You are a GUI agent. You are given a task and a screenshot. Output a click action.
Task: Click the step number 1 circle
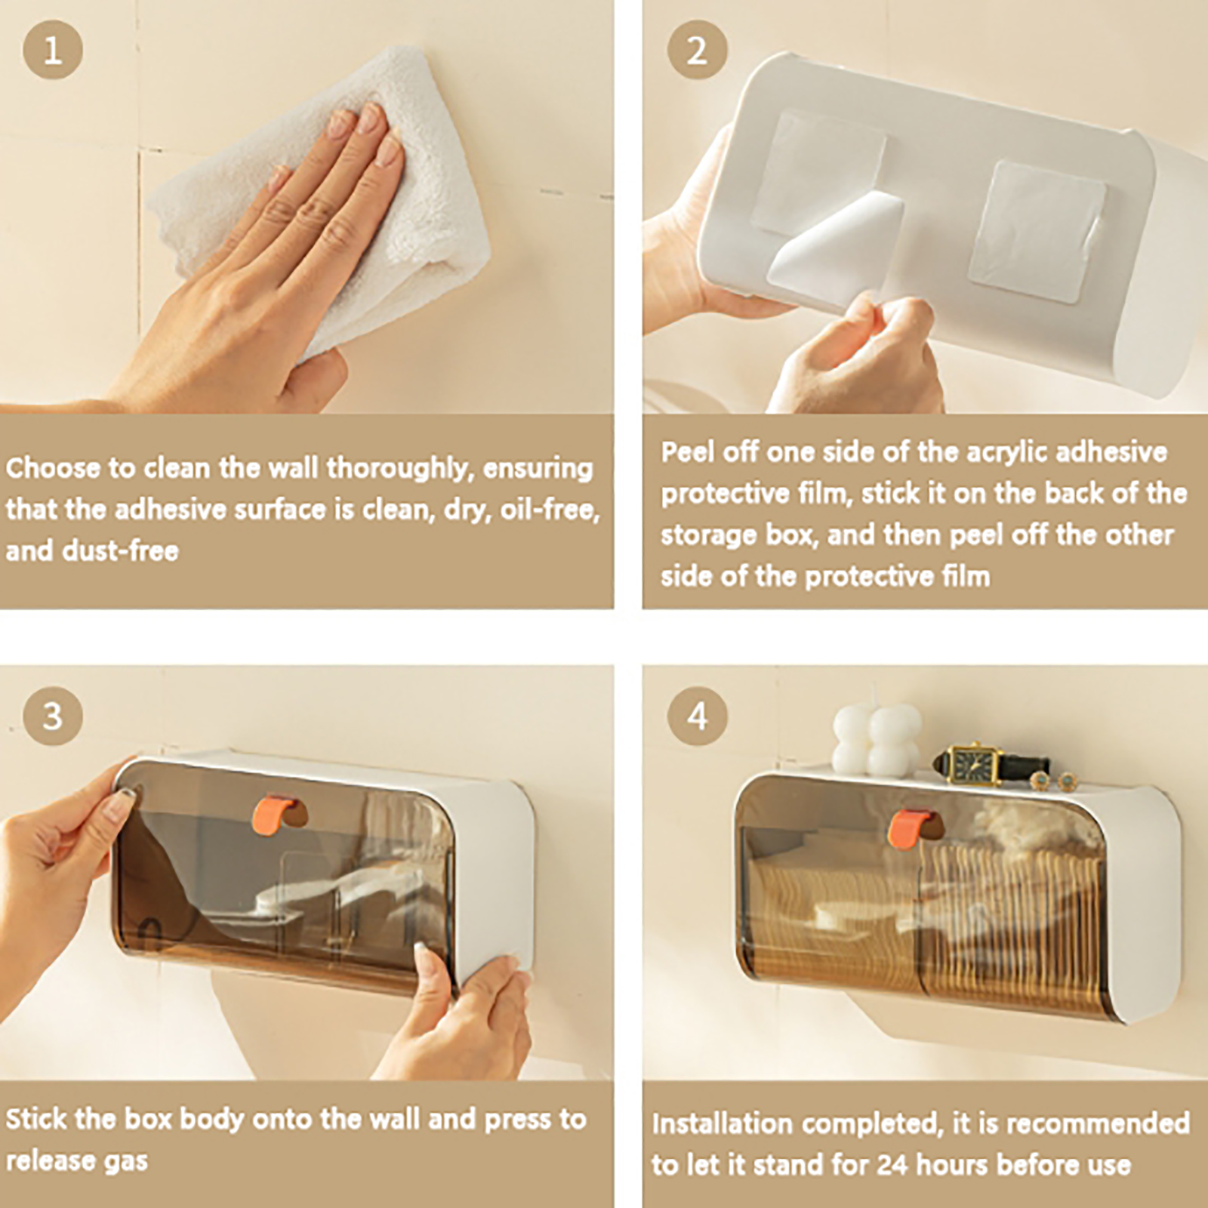(x=52, y=50)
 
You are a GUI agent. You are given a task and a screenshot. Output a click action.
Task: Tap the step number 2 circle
(x=697, y=50)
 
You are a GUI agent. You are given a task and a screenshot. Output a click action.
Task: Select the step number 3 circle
(x=52, y=716)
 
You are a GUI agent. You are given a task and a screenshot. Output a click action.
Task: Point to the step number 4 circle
(x=697, y=716)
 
